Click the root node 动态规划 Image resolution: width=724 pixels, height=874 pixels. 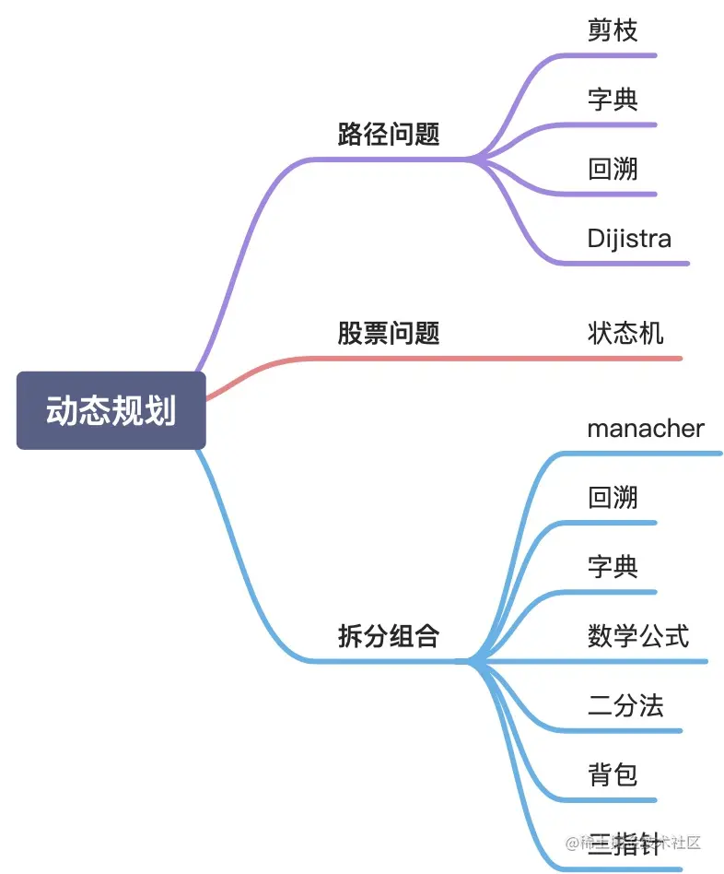point(111,411)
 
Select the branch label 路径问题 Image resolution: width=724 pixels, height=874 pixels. point(388,135)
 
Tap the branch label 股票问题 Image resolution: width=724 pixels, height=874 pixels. point(388,333)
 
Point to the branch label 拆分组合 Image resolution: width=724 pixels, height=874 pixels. point(388,636)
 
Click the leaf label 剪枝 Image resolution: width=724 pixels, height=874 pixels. point(613,30)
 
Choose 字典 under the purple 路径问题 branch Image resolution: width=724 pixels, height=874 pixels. point(613,99)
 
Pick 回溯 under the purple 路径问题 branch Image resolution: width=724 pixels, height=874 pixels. point(613,169)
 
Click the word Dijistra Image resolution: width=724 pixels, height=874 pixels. point(629,239)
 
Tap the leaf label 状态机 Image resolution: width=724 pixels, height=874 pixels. point(625,333)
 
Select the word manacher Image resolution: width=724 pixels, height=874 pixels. point(646,429)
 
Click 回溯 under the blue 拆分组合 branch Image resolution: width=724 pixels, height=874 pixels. point(613,498)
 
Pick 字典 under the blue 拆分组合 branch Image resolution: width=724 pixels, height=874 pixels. point(613,566)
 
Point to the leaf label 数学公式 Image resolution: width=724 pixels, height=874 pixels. point(638,636)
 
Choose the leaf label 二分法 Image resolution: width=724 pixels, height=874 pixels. point(625,706)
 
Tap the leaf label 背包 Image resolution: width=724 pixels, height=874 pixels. point(613,774)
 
